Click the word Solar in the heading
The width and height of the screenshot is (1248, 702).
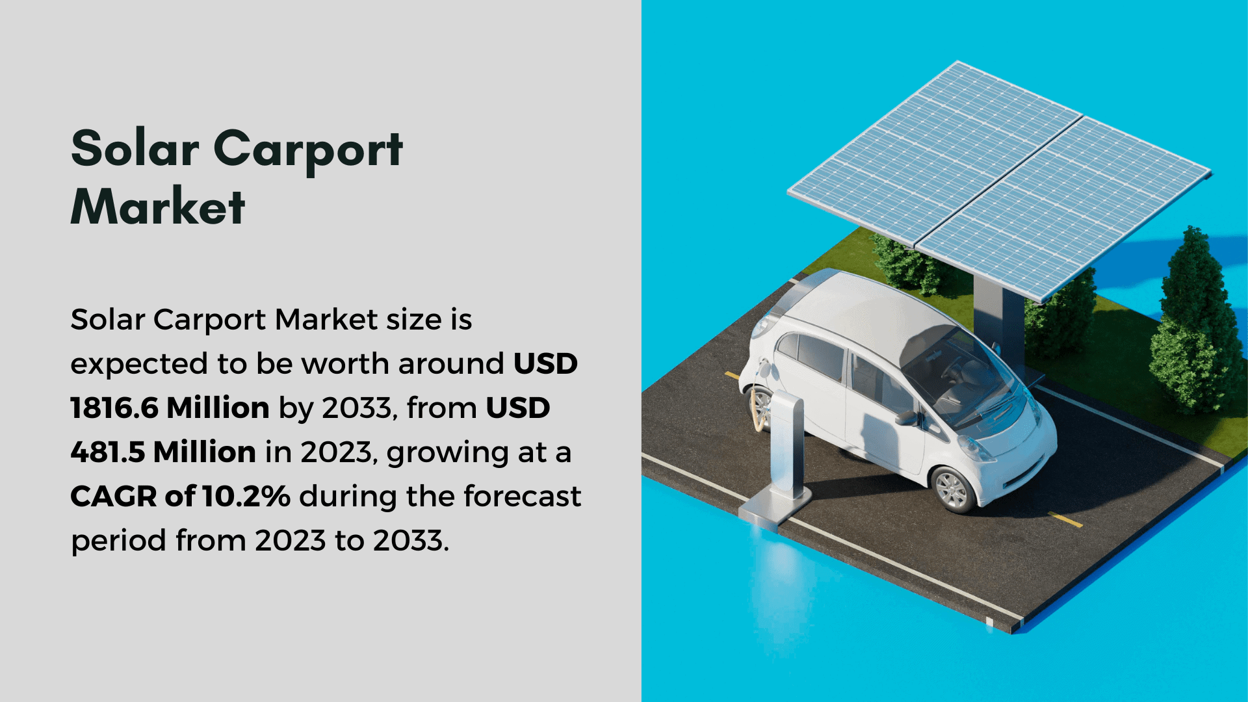(x=135, y=148)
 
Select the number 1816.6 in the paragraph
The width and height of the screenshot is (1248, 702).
(x=114, y=408)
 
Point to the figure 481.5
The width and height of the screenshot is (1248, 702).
(x=107, y=452)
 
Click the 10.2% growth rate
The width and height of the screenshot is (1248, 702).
(x=246, y=496)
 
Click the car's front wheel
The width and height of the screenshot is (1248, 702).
(x=953, y=489)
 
